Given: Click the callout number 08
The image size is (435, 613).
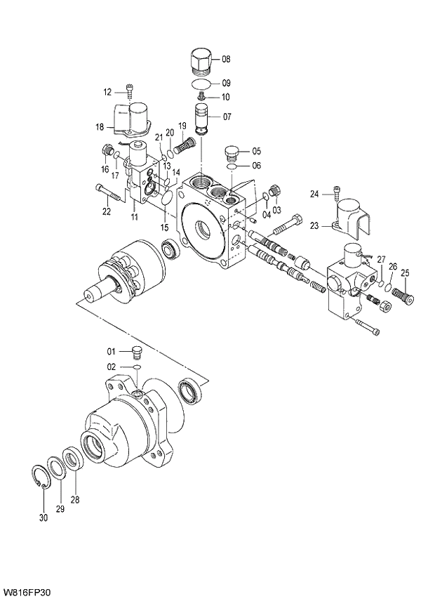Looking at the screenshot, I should click(x=226, y=60).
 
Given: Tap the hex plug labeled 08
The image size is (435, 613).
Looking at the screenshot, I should click(x=201, y=61).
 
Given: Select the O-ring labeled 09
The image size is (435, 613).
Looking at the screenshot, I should click(x=201, y=84).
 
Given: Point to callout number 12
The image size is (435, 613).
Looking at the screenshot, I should click(x=107, y=92).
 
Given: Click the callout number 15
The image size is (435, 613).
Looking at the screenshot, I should click(x=165, y=227).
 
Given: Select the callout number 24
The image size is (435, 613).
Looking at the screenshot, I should click(x=314, y=194).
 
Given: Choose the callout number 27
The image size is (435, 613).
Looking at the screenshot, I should click(x=381, y=260).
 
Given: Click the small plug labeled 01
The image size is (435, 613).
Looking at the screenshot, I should click(x=138, y=351).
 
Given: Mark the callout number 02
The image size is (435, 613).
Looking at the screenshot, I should click(x=111, y=367).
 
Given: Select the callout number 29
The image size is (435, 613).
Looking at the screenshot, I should click(x=60, y=508).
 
